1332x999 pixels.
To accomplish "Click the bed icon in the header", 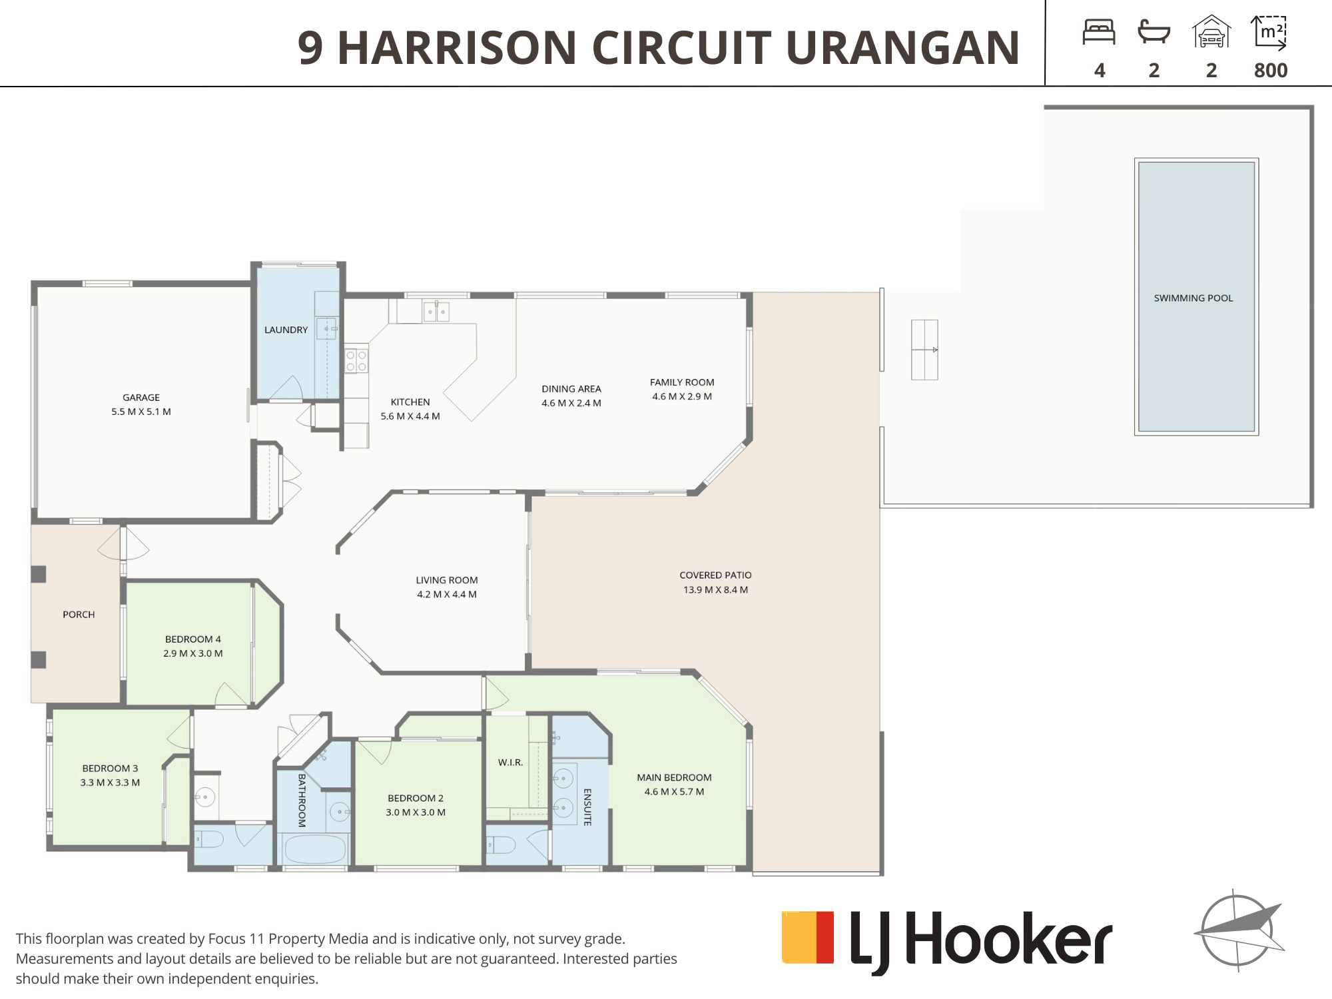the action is [x=1099, y=32].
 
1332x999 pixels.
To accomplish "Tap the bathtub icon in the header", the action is [x=1154, y=32].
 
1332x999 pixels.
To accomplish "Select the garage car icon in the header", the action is [x=1211, y=32].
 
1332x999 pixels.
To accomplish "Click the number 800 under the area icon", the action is [x=1271, y=71].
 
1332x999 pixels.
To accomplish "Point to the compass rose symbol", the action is [x=1239, y=930].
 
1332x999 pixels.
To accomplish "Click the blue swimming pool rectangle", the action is [x=1196, y=297].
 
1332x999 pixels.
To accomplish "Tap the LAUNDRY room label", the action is [x=286, y=330].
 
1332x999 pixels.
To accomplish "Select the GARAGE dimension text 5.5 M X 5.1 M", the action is [x=141, y=412].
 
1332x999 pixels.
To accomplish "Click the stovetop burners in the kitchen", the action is [x=356, y=360].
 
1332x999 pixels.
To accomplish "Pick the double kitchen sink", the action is [x=436, y=311].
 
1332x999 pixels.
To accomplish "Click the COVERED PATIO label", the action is [x=715, y=575].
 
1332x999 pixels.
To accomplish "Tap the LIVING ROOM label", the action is [x=447, y=580].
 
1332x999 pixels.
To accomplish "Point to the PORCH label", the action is [x=79, y=614].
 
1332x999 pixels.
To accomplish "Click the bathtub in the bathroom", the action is [x=315, y=848].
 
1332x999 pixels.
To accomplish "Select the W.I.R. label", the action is [x=511, y=762].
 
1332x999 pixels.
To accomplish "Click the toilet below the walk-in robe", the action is [x=501, y=845].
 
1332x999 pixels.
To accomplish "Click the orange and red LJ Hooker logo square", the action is [x=808, y=937].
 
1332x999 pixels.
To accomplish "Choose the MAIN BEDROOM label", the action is [x=674, y=777].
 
